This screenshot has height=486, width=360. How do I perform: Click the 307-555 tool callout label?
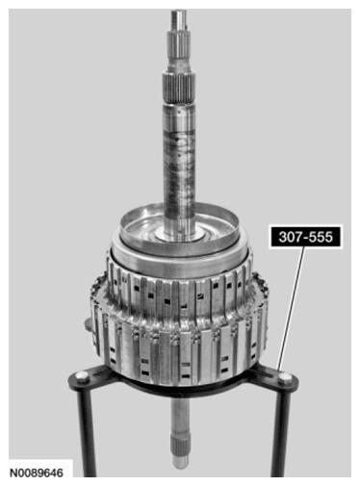point(306,237)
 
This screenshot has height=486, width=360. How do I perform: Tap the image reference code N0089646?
point(37,473)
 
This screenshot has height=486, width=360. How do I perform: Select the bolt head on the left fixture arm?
point(82,376)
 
